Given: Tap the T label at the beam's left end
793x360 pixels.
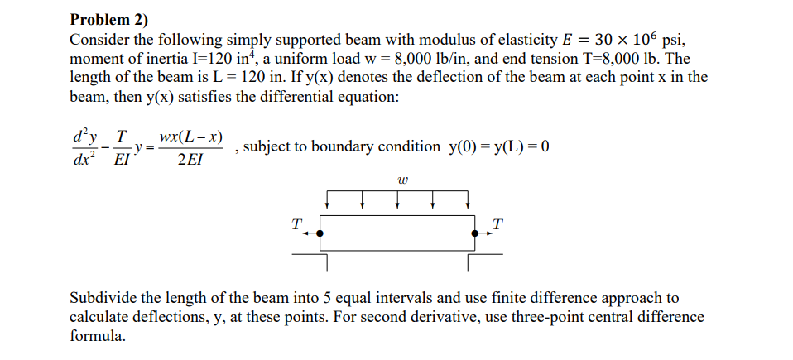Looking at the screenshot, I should click(296, 223).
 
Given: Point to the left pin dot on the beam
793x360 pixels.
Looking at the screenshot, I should click(320, 234).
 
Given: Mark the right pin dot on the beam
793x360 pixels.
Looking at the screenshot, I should click(475, 234).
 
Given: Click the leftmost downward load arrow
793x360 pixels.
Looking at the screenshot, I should click(329, 201).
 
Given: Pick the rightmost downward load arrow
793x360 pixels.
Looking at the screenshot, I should click(468, 201).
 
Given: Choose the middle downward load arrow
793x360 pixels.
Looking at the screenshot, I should click(398, 201).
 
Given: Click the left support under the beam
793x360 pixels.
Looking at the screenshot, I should click(313, 258).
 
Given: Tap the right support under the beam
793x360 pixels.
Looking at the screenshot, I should click(483, 258).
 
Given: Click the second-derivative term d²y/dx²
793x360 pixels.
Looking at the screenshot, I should click(86, 146).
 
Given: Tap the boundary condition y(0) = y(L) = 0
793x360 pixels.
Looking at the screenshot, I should click(499, 146).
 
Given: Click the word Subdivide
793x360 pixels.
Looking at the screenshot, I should click(103, 298).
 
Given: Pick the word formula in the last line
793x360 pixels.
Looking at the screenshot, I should click(97, 336).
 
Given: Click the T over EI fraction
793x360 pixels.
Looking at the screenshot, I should click(122, 146).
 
